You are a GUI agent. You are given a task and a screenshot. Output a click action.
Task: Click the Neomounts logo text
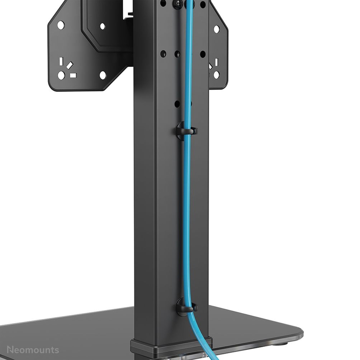(33, 350)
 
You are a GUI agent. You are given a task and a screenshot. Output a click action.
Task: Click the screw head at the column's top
(177, 4)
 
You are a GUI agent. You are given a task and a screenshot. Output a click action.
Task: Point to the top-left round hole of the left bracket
(60, 25)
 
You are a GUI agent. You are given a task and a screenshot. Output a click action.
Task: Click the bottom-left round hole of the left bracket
(61, 75)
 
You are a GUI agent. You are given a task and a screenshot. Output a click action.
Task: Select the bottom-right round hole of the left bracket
(103, 75)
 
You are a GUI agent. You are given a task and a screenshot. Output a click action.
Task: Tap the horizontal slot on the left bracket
(73, 75)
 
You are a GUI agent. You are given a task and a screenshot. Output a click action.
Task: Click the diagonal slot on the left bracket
(70, 64)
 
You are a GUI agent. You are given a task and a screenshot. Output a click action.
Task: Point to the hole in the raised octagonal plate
(102, 26)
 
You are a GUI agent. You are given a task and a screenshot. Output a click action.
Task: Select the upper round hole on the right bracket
(216, 29)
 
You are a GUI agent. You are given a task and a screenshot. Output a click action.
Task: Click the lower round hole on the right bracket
(216, 74)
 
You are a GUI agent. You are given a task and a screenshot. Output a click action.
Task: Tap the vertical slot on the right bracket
(216, 63)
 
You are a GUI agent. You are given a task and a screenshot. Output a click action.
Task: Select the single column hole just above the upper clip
(177, 104)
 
